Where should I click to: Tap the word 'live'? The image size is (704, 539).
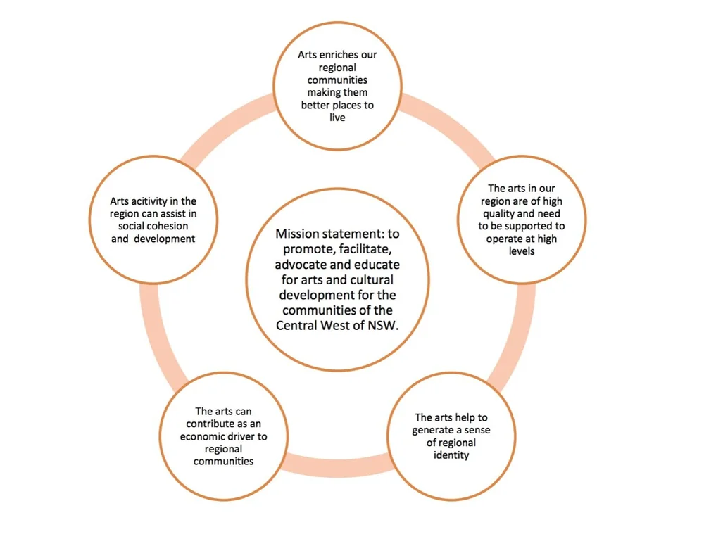coord(337,118)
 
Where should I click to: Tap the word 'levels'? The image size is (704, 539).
coord(521,251)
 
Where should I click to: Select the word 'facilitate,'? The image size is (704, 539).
coord(356,248)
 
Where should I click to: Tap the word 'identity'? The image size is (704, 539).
coord(451,455)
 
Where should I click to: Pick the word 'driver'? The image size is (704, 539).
coord(252,436)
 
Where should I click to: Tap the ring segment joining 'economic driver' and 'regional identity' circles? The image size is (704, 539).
coord(338,464)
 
